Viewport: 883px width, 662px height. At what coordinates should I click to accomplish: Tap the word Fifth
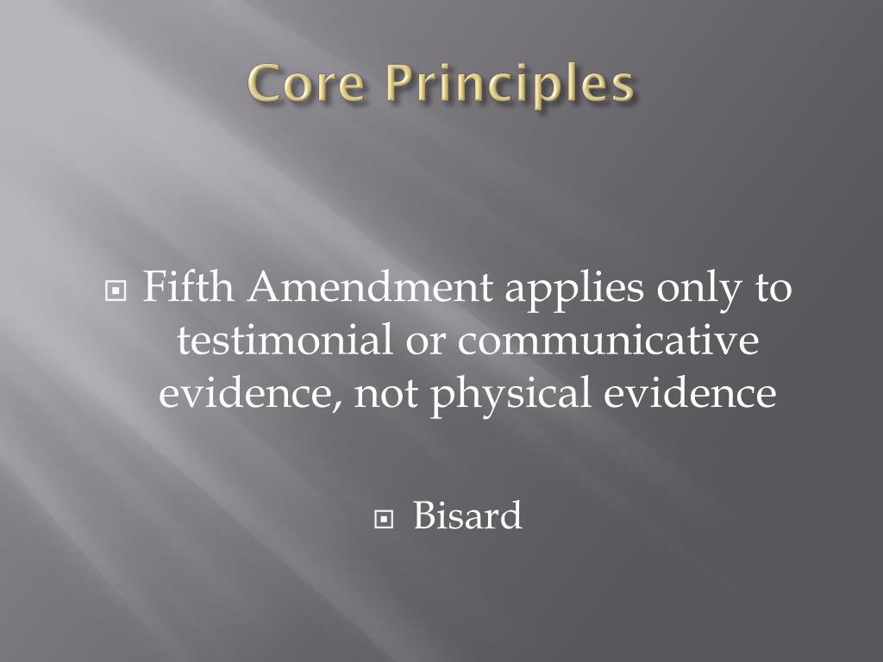pos(188,288)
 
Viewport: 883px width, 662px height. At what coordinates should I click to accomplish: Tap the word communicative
pos(607,340)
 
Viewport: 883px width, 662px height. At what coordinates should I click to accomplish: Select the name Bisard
pos(467,516)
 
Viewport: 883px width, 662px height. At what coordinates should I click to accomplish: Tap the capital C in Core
pos(265,86)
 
